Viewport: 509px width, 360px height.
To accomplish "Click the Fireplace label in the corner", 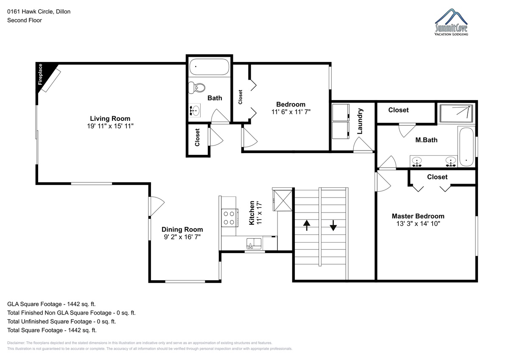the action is [x=40, y=74].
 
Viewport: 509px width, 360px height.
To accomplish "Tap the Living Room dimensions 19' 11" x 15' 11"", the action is [x=110, y=126].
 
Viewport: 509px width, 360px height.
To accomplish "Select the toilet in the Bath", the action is [x=196, y=87].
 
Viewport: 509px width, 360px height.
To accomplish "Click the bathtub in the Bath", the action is [x=209, y=67].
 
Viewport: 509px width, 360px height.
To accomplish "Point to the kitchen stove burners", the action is [x=229, y=218].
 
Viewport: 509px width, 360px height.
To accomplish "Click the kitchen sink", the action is [x=254, y=244].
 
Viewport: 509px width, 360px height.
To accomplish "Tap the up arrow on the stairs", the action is [x=307, y=225].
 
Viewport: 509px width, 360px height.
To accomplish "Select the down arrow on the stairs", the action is [x=333, y=225].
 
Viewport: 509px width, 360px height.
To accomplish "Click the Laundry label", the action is [x=360, y=121].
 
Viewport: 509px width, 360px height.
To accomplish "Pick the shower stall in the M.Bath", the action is [x=456, y=113].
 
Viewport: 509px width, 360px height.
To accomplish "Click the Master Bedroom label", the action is [x=418, y=216].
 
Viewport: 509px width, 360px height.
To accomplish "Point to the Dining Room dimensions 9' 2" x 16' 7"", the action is [x=182, y=237].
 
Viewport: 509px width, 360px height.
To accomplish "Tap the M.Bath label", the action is [x=426, y=140].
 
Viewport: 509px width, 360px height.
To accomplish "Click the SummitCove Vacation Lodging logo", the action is [x=451, y=22].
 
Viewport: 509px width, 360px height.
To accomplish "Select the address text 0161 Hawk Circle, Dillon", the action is [x=39, y=11].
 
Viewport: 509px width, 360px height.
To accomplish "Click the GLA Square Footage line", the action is [x=51, y=304].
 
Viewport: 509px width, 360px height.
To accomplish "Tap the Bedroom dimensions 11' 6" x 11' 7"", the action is [x=291, y=112].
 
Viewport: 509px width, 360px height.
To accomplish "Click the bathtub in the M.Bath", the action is [x=466, y=147].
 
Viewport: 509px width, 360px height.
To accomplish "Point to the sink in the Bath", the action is [x=195, y=111].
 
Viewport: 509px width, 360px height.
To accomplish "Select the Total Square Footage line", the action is [x=52, y=330].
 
